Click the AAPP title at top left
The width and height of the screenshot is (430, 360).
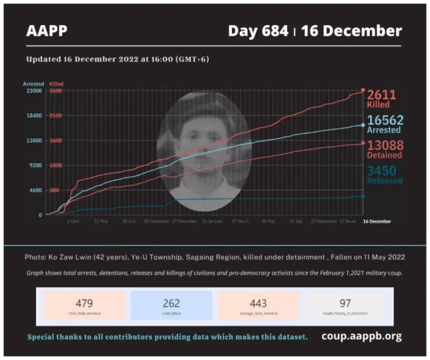[46, 30]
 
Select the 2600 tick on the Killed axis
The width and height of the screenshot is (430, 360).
[55, 91]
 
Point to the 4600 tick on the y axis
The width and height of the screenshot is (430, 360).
[36, 190]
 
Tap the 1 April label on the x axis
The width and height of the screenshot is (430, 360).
[73, 222]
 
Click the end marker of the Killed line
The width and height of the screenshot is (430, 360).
[363, 90]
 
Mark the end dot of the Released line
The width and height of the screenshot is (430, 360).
[363, 196]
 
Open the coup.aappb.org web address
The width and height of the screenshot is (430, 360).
[361, 336]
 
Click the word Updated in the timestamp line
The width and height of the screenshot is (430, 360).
[43, 59]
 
